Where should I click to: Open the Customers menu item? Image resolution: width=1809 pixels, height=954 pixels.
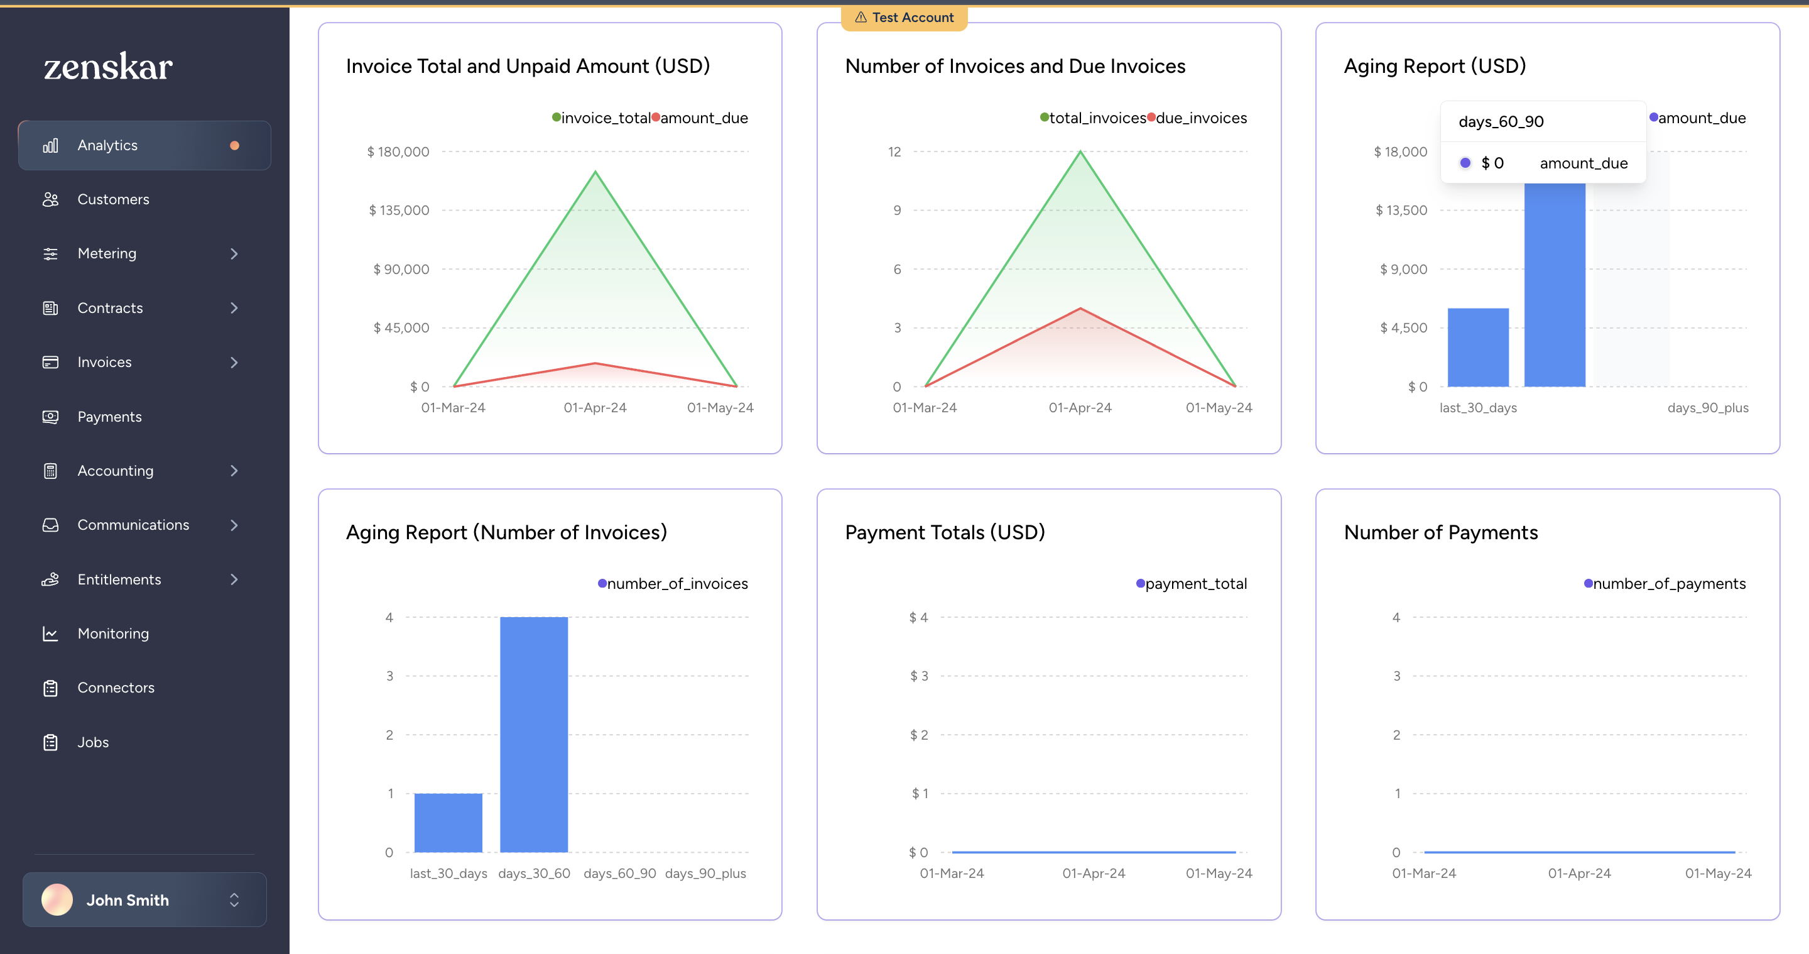tap(113, 199)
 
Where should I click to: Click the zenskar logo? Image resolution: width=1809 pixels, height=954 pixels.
tap(108, 67)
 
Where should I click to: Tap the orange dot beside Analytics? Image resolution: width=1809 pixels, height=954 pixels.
tap(234, 145)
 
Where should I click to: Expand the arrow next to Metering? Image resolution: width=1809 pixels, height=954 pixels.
tap(234, 254)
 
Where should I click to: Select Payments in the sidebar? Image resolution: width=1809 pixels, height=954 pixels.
tap(109, 417)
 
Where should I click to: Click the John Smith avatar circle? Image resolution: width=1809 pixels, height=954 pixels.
tap(57, 900)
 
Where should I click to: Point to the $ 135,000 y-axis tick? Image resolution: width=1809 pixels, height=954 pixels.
tap(398, 210)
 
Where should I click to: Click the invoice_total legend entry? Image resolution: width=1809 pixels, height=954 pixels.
tap(602, 118)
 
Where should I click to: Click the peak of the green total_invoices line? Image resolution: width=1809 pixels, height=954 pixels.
tap(1080, 151)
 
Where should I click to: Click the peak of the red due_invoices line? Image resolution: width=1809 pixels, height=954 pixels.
tap(1080, 309)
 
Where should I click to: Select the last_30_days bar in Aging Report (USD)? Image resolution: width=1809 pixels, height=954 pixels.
tap(1477, 348)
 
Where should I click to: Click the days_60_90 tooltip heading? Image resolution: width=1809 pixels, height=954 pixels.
tap(1501, 121)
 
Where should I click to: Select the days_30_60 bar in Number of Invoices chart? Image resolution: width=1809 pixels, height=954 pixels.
tap(534, 734)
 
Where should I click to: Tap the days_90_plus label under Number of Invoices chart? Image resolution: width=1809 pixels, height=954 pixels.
tap(705, 873)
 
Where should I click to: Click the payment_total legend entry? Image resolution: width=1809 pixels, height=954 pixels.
tap(1192, 584)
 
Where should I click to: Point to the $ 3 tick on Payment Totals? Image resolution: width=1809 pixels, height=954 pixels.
tap(918, 676)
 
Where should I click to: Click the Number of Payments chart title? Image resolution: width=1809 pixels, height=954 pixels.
tap(1440, 532)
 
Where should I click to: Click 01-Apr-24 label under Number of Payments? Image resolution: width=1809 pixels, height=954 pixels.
tap(1578, 873)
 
